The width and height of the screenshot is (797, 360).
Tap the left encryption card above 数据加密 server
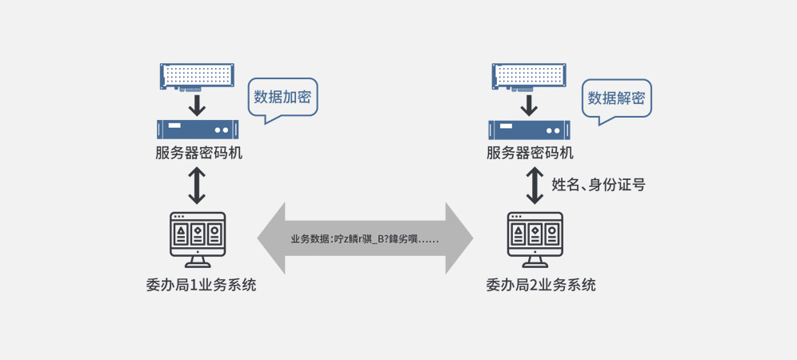coord(197,76)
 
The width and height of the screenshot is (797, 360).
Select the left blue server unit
coord(198,128)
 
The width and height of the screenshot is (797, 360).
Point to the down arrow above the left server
coord(197,104)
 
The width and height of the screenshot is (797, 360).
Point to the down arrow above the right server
coord(529,104)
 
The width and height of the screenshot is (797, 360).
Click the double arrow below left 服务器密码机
coord(197,186)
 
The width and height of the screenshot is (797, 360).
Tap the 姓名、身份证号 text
coord(599,185)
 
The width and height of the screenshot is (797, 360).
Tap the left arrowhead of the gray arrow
coord(273,238)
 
